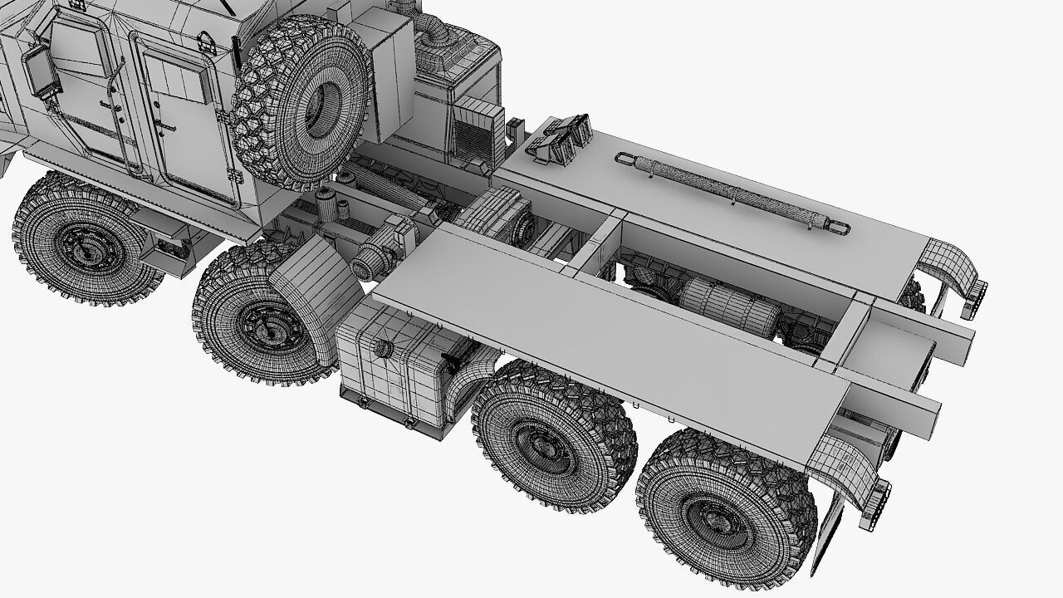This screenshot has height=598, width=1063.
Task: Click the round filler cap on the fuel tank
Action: point(383,350)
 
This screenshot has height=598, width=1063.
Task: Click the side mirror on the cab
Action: point(38,70)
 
